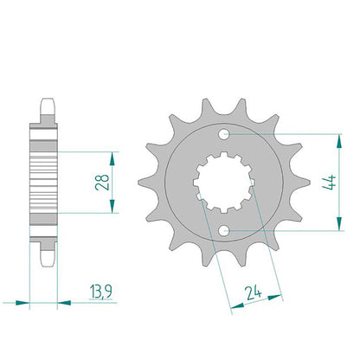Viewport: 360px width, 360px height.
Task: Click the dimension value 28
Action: (x=102, y=182)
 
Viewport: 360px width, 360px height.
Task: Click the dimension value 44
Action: (x=329, y=183)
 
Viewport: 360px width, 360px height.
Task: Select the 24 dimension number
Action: (x=254, y=293)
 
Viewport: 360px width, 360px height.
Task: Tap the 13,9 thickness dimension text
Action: (x=100, y=292)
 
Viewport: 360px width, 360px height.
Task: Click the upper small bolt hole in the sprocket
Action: (x=223, y=134)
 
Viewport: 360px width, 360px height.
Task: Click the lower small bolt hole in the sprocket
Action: (x=223, y=231)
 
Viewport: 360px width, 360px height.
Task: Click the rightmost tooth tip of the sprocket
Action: (x=310, y=183)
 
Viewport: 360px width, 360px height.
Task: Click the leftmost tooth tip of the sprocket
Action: (x=138, y=183)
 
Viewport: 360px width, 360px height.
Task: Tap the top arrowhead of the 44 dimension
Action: (x=339, y=140)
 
